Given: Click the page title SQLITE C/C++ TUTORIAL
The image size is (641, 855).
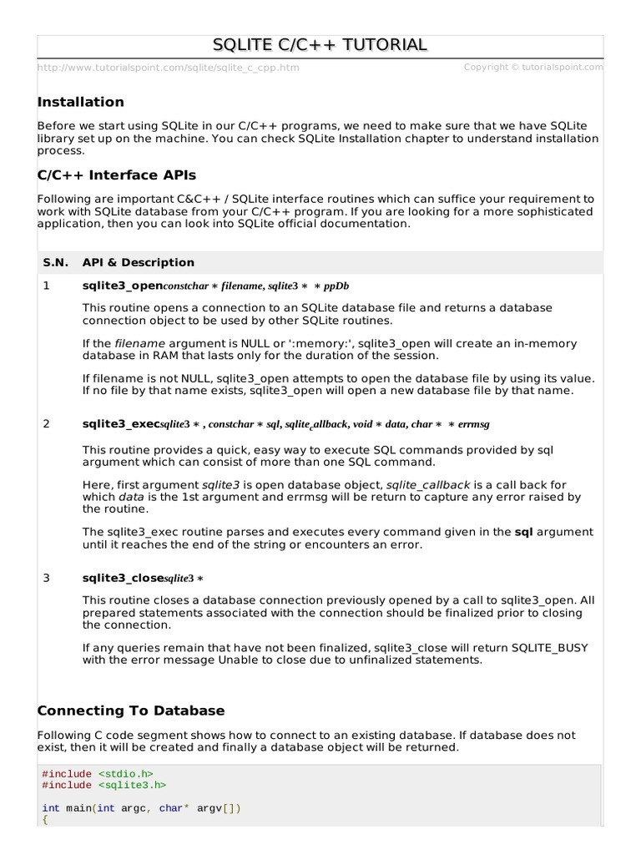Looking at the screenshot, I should [x=320, y=45].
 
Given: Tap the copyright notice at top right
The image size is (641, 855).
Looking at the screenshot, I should [x=532, y=67].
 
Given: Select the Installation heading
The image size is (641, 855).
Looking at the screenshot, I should [x=81, y=102].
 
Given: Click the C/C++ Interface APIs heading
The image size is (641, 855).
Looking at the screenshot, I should [x=117, y=175].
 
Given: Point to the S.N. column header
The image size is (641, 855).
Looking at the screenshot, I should [x=56, y=262].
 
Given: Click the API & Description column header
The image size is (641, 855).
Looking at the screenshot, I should [x=138, y=262].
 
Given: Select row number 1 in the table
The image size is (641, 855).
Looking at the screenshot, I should [x=46, y=286].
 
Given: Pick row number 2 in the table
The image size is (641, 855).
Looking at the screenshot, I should [x=46, y=424].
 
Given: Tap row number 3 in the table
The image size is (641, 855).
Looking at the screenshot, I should [x=46, y=578].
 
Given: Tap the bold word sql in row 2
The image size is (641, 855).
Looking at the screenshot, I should [x=522, y=532].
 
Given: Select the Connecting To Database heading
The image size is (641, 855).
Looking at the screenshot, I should [x=131, y=711].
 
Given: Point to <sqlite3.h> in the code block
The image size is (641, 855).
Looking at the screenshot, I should [x=132, y=786].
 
